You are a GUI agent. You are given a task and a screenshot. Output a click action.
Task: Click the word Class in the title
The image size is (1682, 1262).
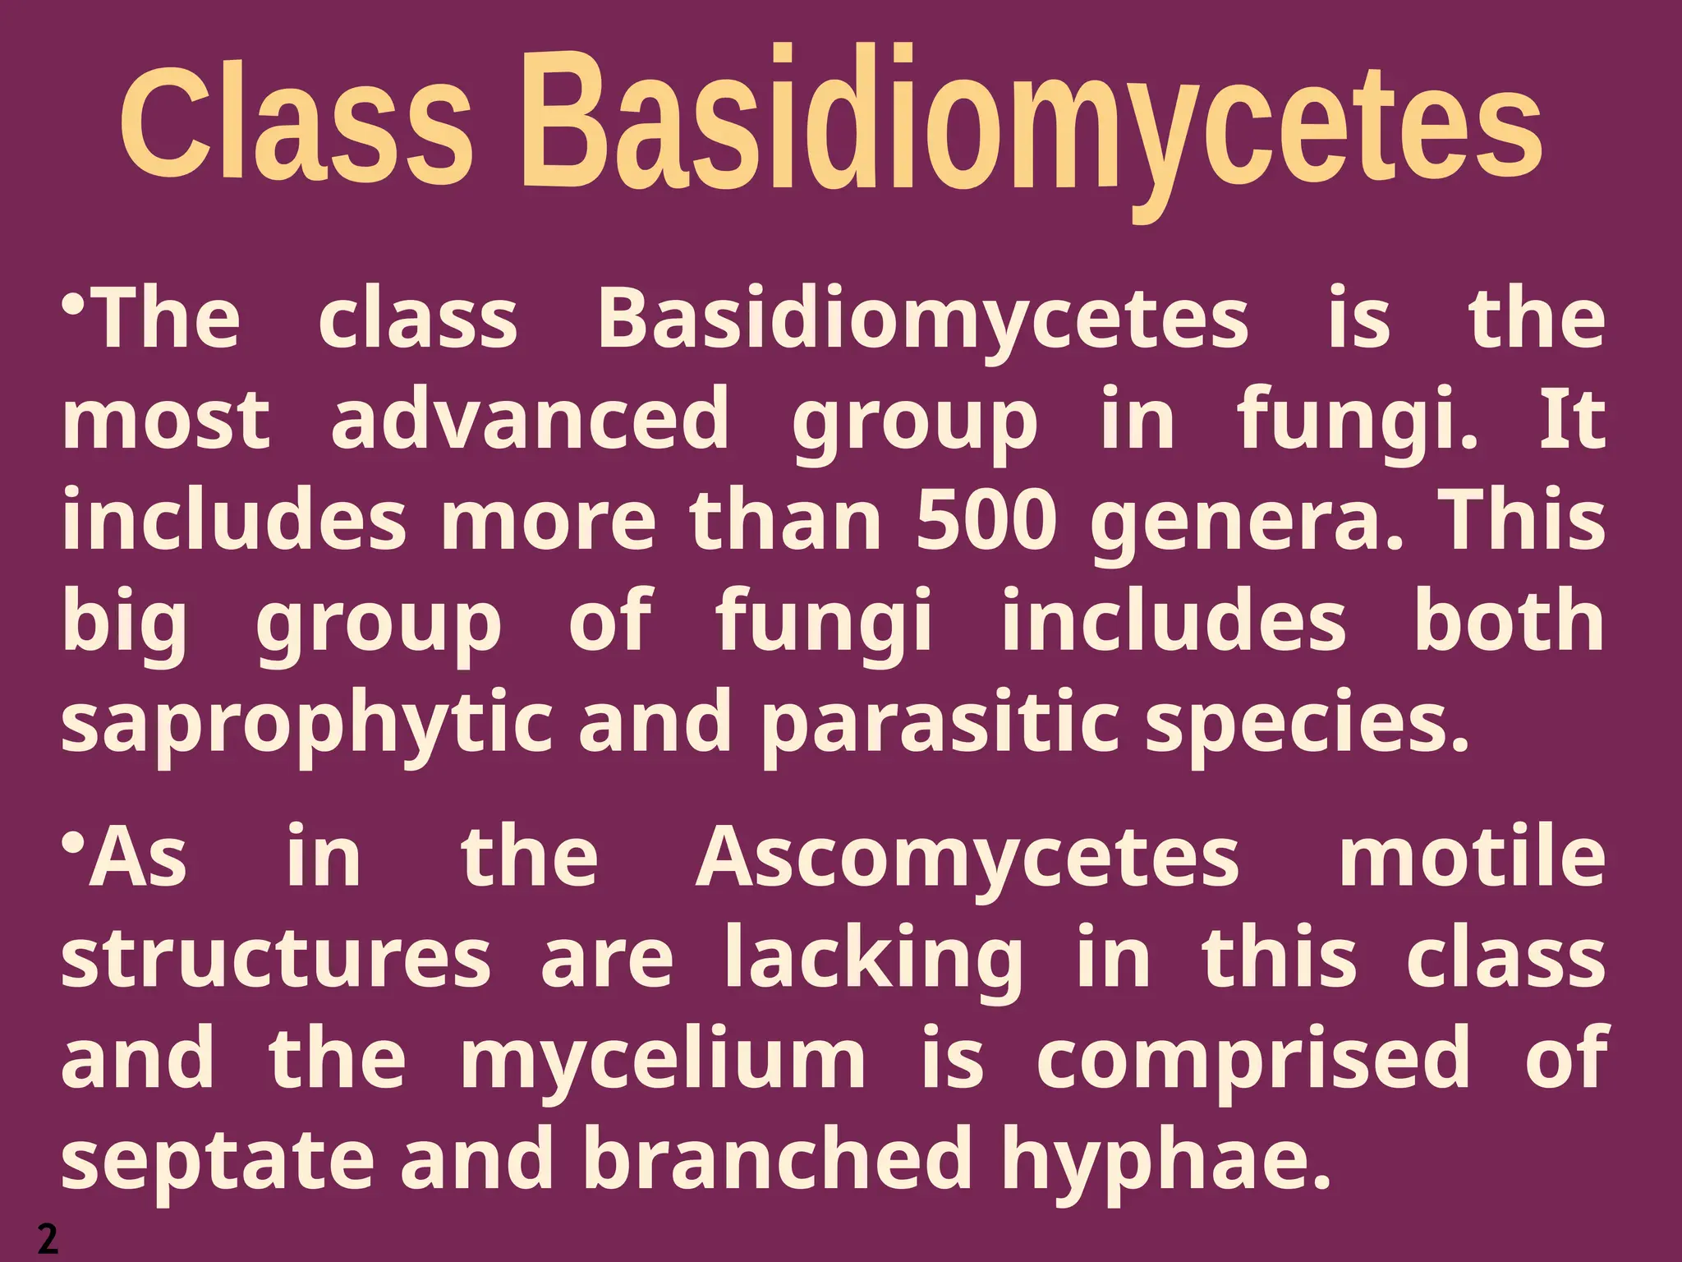coord(296,123)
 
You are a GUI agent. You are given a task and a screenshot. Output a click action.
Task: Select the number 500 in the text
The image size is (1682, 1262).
coord(986,522)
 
